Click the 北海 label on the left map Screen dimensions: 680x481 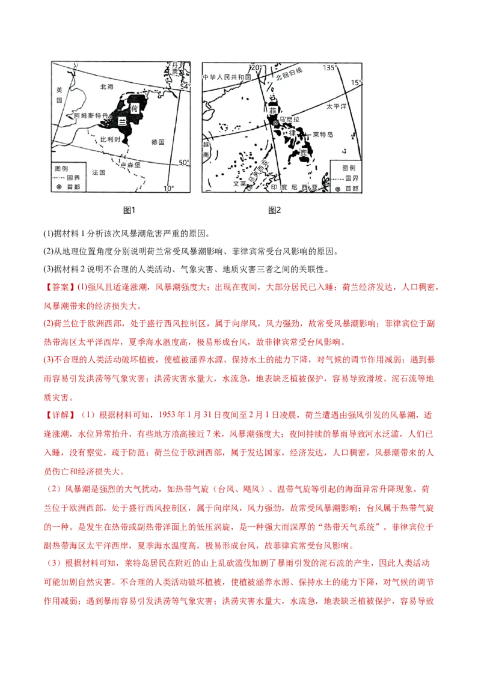(106, 87)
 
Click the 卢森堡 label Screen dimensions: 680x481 (131, 163)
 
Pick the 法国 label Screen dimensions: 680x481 (99, 172)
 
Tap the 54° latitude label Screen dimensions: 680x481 (185, 87)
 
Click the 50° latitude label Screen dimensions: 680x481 (184, 162)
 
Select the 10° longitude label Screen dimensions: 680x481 (168, 188)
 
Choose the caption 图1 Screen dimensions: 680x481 (130, 210)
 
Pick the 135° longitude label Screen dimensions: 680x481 (329, 68)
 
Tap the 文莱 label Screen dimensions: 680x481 (239, 184)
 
